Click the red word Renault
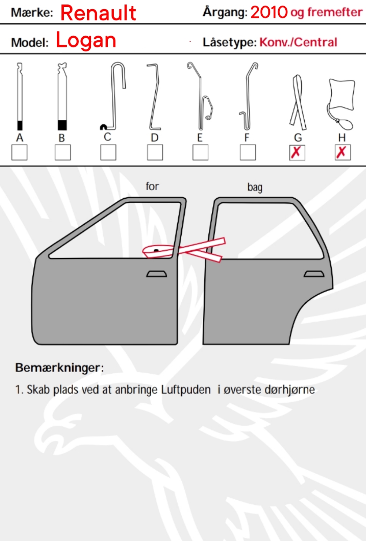98,13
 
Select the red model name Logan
86,40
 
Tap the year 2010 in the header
269,12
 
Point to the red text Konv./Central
298,42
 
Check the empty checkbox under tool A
20,153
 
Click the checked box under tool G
297,153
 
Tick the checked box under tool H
343,153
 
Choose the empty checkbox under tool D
155,153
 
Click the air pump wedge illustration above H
341,104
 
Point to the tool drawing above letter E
200,97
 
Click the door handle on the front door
157,274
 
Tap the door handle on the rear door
314,274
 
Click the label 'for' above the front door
152,186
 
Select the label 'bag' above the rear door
255,187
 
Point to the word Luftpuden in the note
186,389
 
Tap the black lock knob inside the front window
156,250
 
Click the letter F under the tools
246,138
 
